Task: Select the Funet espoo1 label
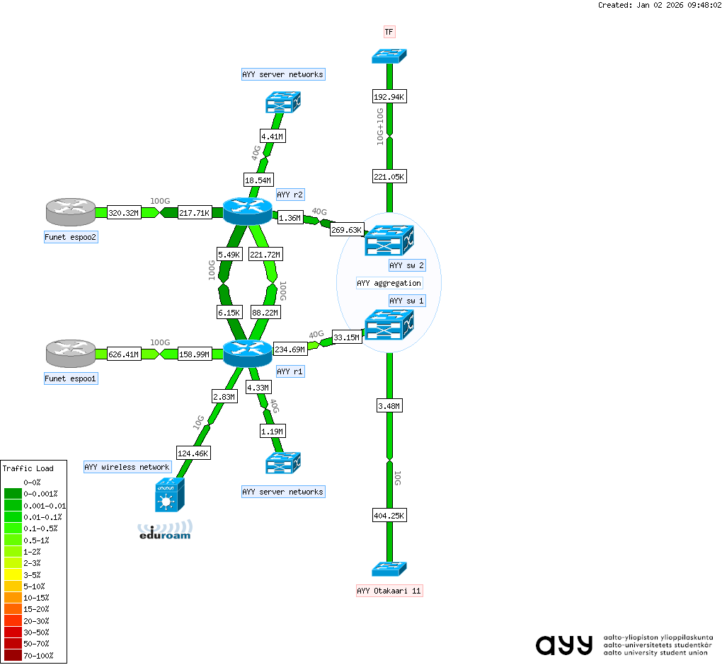click(71, 379)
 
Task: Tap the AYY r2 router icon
click(247, 210)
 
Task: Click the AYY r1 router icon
click(247, 352)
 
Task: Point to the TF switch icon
click(389, 55)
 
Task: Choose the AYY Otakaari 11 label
click(389, 591)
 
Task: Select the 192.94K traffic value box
click(389, 96)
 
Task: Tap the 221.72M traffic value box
click(265, 255)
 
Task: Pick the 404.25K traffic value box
click(389, 516)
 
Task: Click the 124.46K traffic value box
click(193, 452)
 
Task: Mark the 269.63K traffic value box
click(347, 230)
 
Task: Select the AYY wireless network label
click(127, 467)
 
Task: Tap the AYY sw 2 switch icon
click(389, 241)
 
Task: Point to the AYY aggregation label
click(389, 283)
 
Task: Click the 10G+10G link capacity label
click(380, 127)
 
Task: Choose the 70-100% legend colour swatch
click(13, 655)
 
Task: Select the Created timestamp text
click(659, 5)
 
